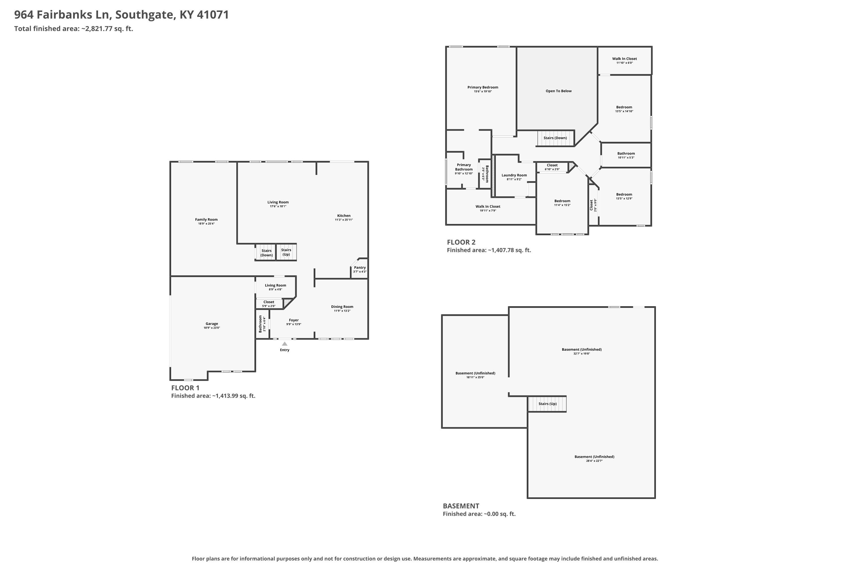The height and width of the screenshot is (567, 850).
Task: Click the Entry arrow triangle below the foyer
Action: click(285, 344)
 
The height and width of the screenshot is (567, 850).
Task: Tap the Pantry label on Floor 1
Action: click(360, 268)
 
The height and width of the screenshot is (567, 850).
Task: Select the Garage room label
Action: click(212, 324)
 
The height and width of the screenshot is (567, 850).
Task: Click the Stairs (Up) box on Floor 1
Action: click(286, 252)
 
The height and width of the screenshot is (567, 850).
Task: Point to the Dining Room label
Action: click(342, 307)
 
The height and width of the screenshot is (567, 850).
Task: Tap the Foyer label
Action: click(294, 320)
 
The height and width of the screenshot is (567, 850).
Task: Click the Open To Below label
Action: click(559, 91)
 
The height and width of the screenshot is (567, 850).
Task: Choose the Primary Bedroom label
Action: click(483, 87)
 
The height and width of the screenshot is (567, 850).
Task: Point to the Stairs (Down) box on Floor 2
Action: click(555, 138)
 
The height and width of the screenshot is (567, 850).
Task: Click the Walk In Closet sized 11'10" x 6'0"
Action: click(624, 59)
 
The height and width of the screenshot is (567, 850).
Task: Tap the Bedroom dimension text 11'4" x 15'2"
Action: click(562, 205)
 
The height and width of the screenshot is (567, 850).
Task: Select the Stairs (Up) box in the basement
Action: click(547, 404)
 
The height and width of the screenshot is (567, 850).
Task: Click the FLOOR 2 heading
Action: click(461, 242)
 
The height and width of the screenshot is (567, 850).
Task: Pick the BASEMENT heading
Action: click(461, 506)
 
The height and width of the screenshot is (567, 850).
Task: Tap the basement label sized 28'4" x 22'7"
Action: click(594, 461)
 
